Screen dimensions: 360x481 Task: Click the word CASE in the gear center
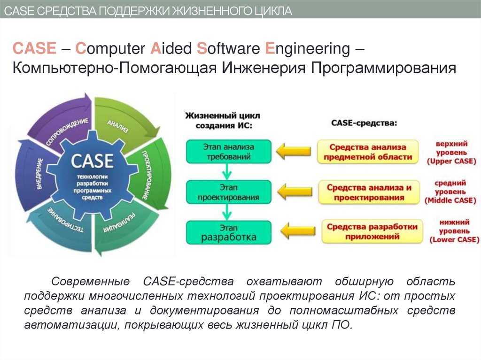[x=92, y=161]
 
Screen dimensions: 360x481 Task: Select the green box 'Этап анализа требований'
[x=228, y=151]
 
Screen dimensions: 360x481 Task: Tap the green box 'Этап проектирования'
[x=228, y=192]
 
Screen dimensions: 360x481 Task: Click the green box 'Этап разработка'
[x=228, y=232]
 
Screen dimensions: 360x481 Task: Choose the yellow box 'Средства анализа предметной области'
[x=368, y=152]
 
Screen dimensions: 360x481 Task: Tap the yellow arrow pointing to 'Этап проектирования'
[x=295, y=191]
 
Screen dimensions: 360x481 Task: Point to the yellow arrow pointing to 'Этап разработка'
[x=296, y=231]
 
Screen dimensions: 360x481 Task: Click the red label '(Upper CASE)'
[x=451, y=161]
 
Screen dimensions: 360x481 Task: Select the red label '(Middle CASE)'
[x=450, y=200]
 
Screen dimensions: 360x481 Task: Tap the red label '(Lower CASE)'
[x=454, y=240]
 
